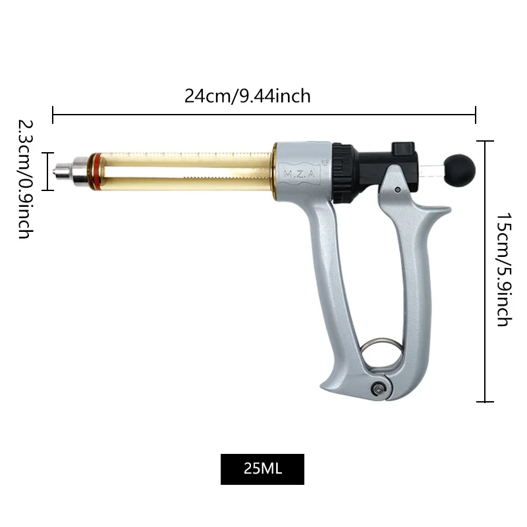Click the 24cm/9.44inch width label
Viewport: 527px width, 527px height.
(x=247, y=96)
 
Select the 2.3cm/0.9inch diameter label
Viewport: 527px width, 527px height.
(x=25, y=178)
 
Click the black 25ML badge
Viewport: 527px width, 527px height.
(x=262, y=469)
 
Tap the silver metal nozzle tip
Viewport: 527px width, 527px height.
(x=63, y=171)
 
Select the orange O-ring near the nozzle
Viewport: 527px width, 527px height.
(x=97, y=171)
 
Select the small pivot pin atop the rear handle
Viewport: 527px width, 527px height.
(x=398, y=190)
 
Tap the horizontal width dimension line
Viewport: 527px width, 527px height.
(x=263, y=115)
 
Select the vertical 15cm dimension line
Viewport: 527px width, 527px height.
(x=485, y=270)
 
